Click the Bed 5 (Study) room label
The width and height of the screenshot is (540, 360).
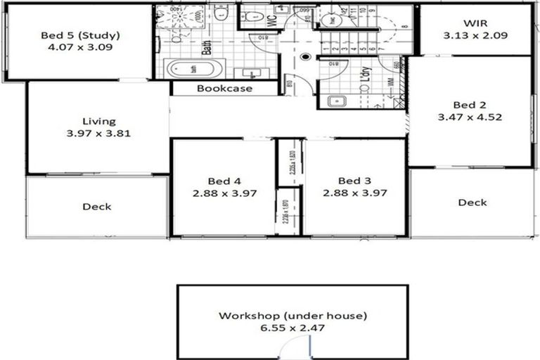point(80,35)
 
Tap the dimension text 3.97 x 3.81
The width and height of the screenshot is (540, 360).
point(98,133)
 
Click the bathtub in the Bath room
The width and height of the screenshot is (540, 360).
point(194,69)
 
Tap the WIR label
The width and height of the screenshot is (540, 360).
point(475,22)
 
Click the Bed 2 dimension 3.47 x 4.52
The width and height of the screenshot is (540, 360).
point(470,117)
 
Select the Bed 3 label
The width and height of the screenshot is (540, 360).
point(354,180)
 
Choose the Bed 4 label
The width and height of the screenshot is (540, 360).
point(224,180)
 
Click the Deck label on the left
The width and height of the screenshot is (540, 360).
point(97,207)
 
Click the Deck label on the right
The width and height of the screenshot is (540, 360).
point(472,202)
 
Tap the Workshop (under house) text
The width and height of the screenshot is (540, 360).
point(292,315)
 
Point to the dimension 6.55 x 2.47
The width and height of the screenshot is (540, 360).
point(292,327)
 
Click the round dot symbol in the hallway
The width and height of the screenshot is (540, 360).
point(305,56)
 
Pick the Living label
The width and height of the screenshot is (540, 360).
point(98,121)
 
